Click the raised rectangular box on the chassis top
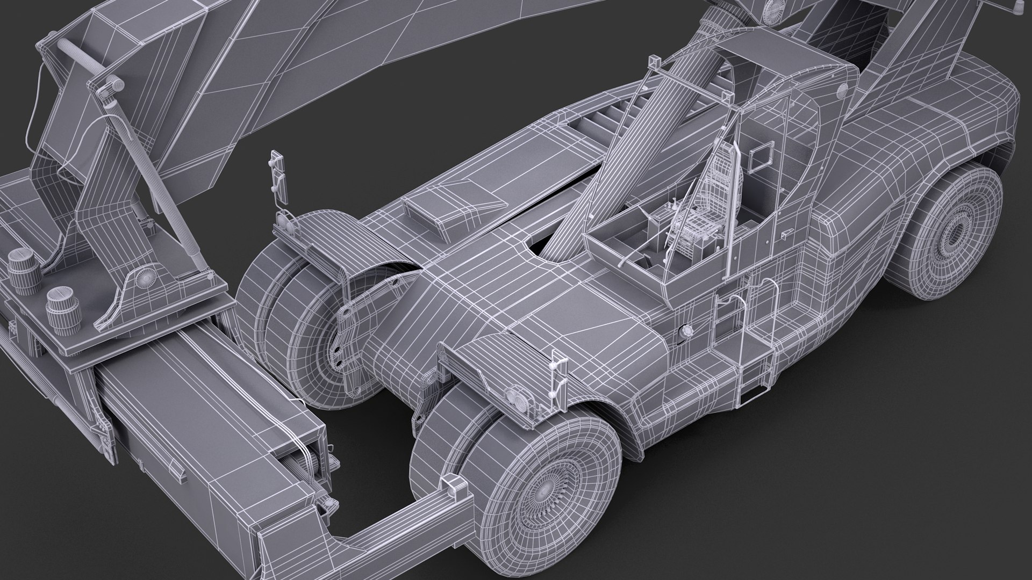click(x=453, y=209)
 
